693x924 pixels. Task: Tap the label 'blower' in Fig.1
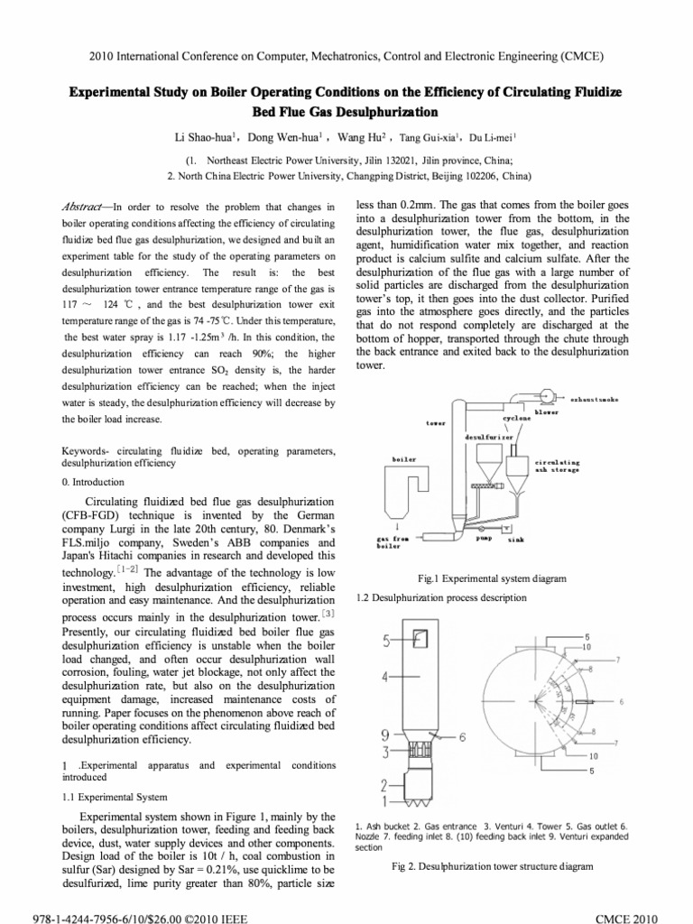point(547,412)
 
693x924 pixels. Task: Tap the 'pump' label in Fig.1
point(484,536)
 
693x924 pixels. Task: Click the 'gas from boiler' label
point(393,541)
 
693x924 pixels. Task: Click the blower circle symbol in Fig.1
point(547,397)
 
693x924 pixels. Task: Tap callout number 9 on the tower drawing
point(385,735)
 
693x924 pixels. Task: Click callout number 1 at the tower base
point(384,799)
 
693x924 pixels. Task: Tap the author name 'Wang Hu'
point(359,138)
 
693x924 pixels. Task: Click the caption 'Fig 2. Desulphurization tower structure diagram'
point(492,866)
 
